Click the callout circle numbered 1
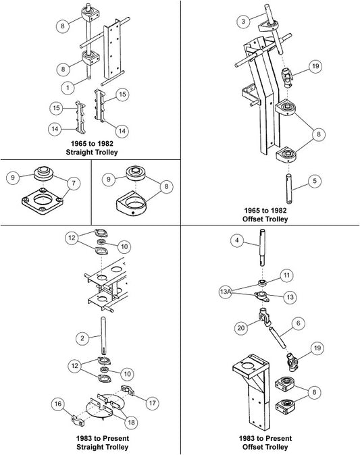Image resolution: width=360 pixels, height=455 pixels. click(x=68, y=87)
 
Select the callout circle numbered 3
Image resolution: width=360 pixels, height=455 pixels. click(x=243, y=21)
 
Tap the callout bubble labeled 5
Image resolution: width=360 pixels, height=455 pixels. click(x=315, y=181)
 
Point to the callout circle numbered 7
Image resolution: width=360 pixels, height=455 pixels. click(x=74, y=183)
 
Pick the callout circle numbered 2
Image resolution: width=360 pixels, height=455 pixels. click(x=83, y=338)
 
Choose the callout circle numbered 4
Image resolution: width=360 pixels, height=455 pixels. click(x=238, y=240)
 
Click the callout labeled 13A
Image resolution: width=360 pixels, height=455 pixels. click(x=226, y=292)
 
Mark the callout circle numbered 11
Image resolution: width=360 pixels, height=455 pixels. click(x=287, y=275)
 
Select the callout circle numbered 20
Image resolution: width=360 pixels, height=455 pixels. click(x=241, y=328)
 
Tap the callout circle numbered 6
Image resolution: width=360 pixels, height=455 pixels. click(x=299, y=323)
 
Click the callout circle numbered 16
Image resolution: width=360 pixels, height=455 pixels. click(x=58, y=404)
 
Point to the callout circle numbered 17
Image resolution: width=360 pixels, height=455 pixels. click(x=153, y=403)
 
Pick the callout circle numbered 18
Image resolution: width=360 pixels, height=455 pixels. click(x=132, y=422)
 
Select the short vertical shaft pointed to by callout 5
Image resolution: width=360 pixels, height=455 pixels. click(x=289, y=188)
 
